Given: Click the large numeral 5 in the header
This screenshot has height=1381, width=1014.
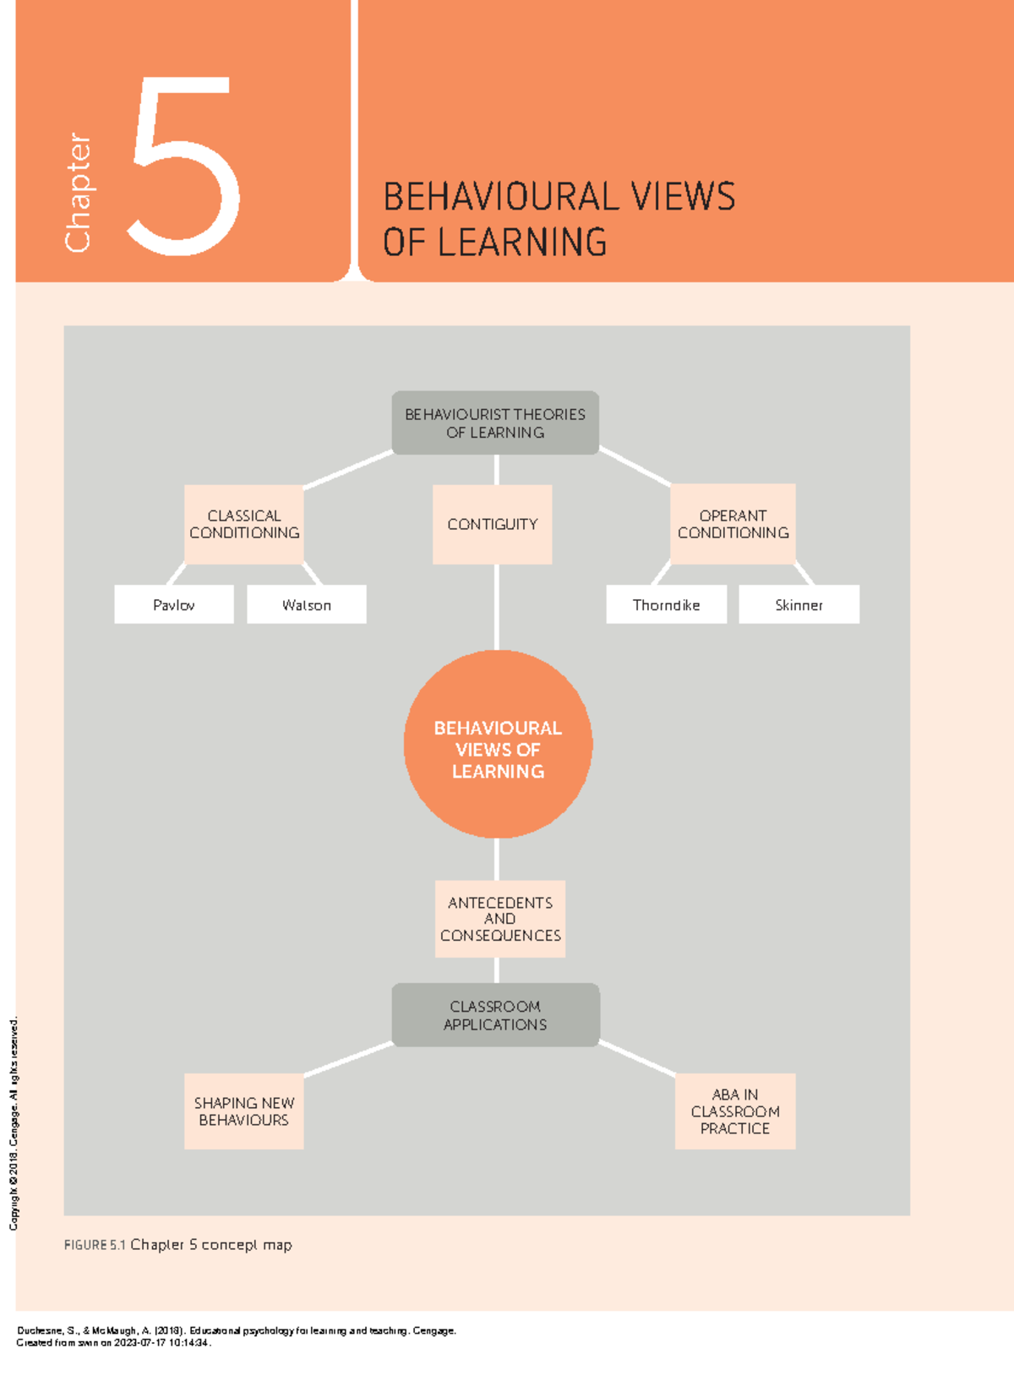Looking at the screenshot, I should (184, 166).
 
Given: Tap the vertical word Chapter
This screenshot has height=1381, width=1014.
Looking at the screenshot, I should (78, 192).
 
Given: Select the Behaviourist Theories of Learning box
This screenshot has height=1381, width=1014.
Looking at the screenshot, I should (495, 423).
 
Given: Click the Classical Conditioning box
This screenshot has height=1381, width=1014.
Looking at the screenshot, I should (243, 524).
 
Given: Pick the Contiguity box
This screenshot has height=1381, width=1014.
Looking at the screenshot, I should (493, 524).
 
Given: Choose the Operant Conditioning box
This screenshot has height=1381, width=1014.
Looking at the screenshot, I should (733, 524).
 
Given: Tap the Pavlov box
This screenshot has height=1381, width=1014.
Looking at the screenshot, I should (174, 604).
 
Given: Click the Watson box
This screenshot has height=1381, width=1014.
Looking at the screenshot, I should (307, 604).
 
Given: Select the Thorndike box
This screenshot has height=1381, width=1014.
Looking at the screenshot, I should (666, 604).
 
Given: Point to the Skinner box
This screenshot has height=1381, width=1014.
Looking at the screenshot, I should (799, 604).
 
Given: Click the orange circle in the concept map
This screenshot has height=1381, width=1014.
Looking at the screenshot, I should (498, 745).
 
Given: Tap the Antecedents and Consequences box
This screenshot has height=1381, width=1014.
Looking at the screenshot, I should (499, 919).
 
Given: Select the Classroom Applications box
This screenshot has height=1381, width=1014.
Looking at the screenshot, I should (495, 1015).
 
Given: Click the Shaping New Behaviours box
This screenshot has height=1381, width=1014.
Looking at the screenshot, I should (243, 1111).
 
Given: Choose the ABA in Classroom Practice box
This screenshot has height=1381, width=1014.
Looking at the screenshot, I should (734, 1111).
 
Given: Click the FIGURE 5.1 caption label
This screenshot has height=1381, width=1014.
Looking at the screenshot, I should (95, 1245).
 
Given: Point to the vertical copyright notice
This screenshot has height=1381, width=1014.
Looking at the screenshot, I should (13, 1124).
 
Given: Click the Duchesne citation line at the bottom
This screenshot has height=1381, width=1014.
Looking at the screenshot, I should (237, 1330).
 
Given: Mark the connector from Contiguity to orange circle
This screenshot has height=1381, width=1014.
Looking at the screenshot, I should (496, 607).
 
